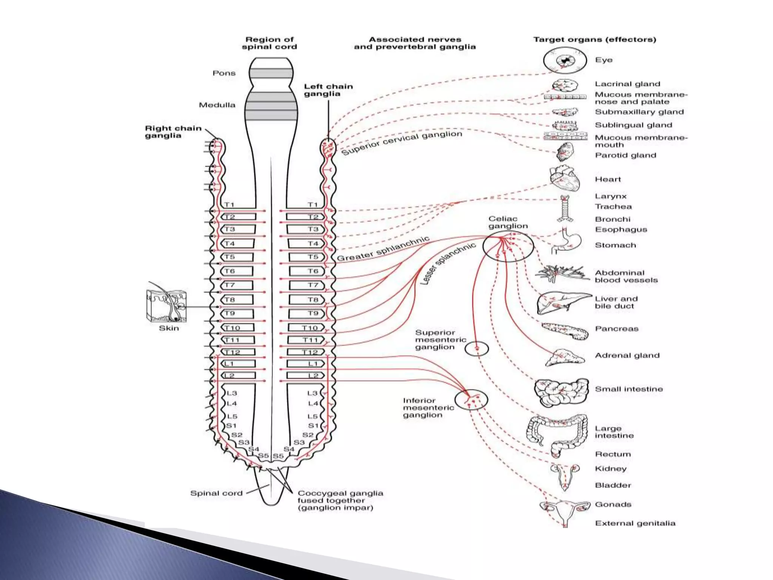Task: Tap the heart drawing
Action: pyautogui.click(x=564, y=179)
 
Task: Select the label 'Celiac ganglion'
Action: pyautogui.click(x=508, y=222)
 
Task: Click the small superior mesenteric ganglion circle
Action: pyautogui.click(x=476, y=348)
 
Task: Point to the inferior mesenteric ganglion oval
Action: pyautogui.click(x=471, y=400)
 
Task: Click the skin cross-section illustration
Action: pyautogui.click(x=166, y=306)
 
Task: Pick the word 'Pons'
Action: pyautogui.click(x=224, y=73)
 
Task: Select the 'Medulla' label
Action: pyautogui.click(x=217, y=105)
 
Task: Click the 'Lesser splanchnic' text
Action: pyautogui.click(x=448, y=263)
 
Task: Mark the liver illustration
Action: pyautogui.click(x=562, y=302)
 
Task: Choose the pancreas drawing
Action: pyautogui.click(x=565, y=331)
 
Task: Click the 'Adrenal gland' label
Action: pyautogui.click(x=627, y=355)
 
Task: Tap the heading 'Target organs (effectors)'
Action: pyautogui.click(x=594, y=40)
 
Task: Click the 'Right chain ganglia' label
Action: pyautogui.click(x=173, y=132)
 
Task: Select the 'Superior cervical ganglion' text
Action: pyautogui.click(x=402, y=142)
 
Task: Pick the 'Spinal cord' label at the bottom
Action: pyautogui.click(x=216, y=493)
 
